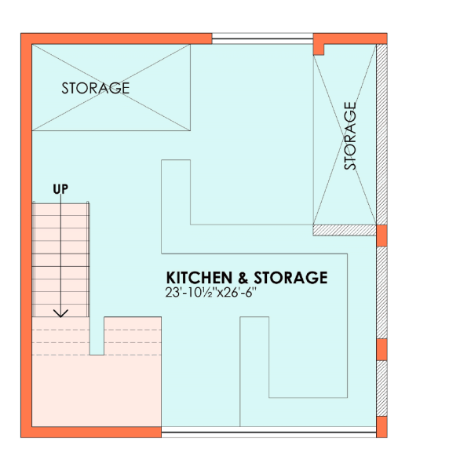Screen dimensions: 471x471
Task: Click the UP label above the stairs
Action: (60, 189)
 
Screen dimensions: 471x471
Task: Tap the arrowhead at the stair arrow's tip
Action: (60, 313)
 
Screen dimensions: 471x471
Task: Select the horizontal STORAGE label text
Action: (96, 88)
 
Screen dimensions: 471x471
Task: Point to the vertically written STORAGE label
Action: (349, 136)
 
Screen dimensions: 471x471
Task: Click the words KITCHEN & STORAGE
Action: (247, 278)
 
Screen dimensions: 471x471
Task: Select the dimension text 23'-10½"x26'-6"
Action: (211, 292)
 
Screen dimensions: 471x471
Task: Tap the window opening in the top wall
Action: (262, 38)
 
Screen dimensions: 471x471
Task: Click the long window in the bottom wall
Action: (268, 432)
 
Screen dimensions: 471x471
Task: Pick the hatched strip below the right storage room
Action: (345, 230)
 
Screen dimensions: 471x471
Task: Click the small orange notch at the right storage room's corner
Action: (319, 50)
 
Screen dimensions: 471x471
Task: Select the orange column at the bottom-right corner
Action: (382, 427)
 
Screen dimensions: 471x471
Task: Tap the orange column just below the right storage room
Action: (382, 235)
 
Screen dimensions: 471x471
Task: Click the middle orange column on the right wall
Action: (382, 349)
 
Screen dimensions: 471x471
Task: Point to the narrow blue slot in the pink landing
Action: (97, 336)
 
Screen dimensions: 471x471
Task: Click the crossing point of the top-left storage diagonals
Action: (111, 87)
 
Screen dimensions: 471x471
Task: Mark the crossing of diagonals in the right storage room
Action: (345, 140)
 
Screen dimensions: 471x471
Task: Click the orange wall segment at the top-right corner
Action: (350, 38)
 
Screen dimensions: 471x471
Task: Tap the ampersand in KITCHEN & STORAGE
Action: (243, 278)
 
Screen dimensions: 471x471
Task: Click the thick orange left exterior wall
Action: (27, 235)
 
